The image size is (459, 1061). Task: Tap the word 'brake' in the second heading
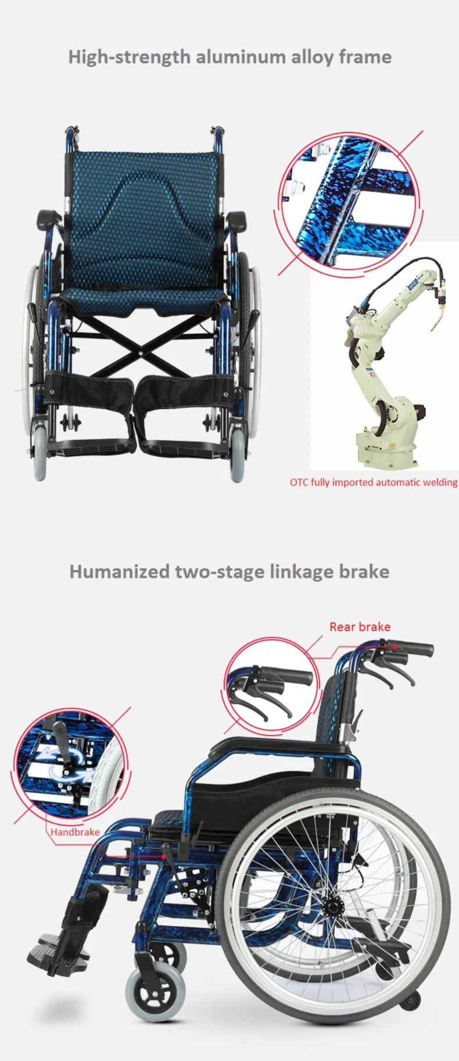[x=364, y=571]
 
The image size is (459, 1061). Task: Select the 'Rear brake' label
[x=360, y=627]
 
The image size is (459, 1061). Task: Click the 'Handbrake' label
[x=74, y=832]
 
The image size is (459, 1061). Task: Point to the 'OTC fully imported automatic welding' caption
[x=374, y=482]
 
